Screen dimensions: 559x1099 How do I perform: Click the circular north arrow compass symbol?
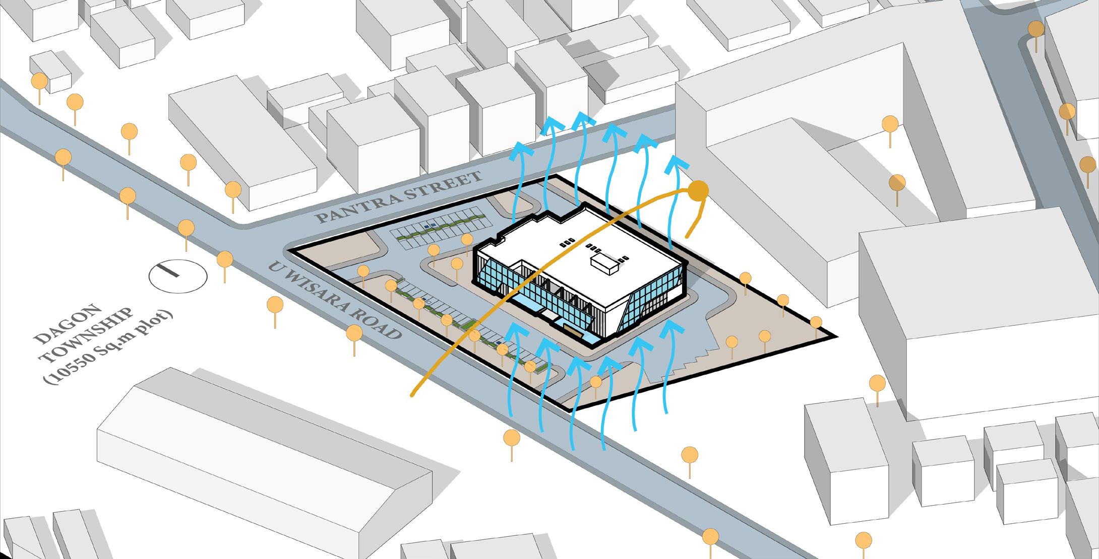tap(178, 276)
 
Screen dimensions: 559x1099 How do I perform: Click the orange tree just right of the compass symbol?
tap(225, 260)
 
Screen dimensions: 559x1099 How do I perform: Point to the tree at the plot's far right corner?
tap(816, 322)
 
